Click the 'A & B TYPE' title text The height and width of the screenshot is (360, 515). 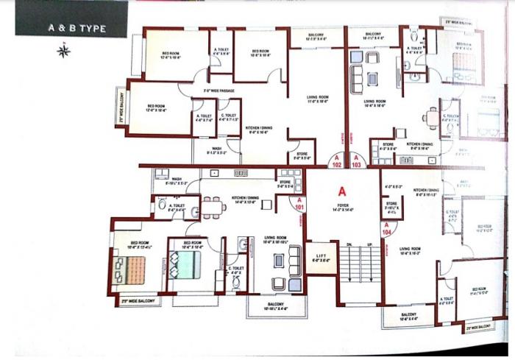pyautogui.click(x=77, y=28)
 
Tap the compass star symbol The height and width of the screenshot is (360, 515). pyautogui.click(x=63, y=51)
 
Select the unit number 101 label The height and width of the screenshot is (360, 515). pyautogui.click(x=299, y=207)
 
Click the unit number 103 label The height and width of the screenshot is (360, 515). pyautogui.click(x=357, y=164)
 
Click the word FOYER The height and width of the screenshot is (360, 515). pyautogui.click(x=342, y=205)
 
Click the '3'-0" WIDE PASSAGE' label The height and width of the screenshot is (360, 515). pyautogui.click(x=219, y=91)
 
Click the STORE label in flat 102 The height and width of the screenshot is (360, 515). pyautogui.click(x=303, y=154)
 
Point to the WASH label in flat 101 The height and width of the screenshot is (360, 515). pyautogui.click(x=177, y=178)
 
